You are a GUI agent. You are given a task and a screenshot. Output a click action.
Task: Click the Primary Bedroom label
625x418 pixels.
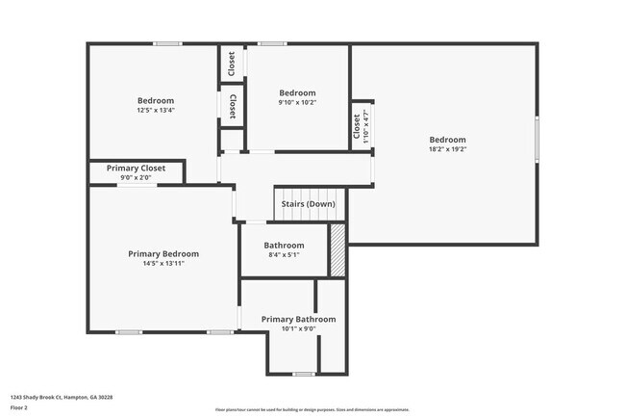tap(163, 254)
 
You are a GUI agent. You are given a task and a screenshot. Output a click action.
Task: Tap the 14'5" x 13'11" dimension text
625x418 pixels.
tap(163, 263)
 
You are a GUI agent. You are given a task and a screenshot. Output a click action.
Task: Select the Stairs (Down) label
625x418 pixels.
tap(308, 204)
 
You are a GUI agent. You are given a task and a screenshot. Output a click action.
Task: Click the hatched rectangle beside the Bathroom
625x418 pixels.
tap(337, 250)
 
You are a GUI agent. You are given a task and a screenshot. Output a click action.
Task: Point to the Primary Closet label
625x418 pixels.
tap(136, 168)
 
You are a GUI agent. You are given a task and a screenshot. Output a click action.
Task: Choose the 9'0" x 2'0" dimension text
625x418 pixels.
tap(136, 177)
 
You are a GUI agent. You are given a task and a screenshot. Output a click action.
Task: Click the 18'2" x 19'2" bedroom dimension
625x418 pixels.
tap(447, 149)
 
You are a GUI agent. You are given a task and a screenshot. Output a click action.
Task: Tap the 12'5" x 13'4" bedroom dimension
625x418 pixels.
tap(156, 110)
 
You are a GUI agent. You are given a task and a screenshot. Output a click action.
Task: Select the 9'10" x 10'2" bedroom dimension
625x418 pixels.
tap(297, 102)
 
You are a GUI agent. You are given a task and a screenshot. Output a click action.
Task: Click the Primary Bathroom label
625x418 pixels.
tap(298, 319)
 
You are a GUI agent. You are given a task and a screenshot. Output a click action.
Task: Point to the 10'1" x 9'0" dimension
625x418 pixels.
tap(298, 328)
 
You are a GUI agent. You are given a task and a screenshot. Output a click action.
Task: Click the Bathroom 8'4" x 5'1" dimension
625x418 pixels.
tap(284, 255)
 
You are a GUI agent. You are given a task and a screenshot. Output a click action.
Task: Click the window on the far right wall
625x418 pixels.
tap(537, 131)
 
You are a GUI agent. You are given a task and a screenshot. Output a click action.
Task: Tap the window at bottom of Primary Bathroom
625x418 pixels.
tap(304, 374)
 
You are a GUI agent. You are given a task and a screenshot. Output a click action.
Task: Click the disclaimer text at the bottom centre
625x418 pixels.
tap(312, 409)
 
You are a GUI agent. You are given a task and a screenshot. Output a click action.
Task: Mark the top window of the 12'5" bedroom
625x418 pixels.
tap(168, 43)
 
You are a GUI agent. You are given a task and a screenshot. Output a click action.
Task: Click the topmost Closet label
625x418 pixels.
tap(232, 64)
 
